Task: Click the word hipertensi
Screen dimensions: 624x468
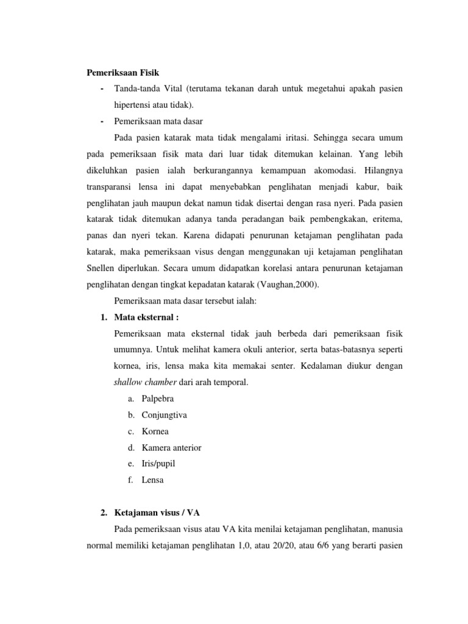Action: coord(133,105)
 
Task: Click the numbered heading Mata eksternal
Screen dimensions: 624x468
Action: coord(146,317)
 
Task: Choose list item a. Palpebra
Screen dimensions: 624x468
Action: coord(158,399)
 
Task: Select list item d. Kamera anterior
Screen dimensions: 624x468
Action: coord(171,448)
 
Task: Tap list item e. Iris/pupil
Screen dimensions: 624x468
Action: coord(158,464)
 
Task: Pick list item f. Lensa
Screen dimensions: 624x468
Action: coord(152,480)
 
